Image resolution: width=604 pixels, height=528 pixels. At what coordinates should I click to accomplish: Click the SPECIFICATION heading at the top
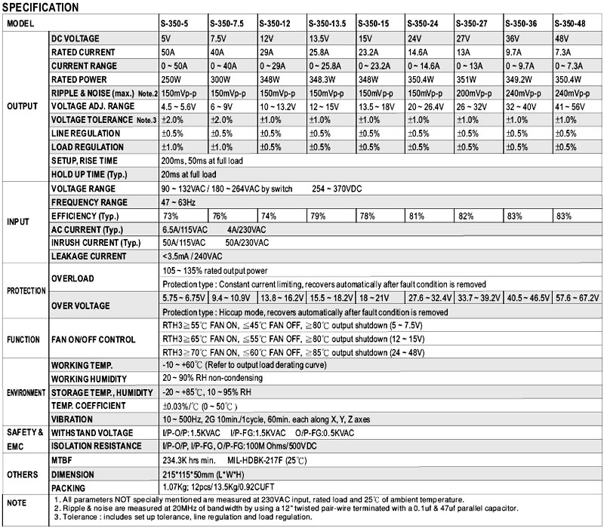(x=41, y=8)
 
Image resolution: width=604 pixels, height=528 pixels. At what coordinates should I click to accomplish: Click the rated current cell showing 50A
(x=170, y=52)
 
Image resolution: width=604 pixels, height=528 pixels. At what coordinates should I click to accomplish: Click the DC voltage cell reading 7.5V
(x=218, y=38)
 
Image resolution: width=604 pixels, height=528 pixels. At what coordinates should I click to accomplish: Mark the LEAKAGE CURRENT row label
(x=88, y=256)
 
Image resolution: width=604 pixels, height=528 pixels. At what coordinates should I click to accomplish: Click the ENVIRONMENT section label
(x=26, y=392)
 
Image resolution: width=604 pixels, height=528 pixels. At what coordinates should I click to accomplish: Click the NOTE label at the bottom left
(x=17, y=502)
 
